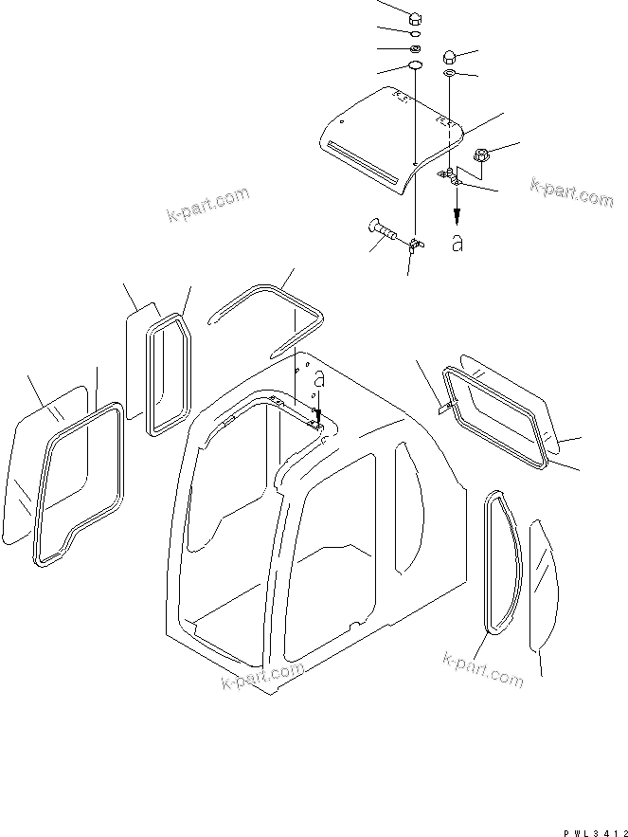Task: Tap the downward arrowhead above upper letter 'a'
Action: coord(456,214)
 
